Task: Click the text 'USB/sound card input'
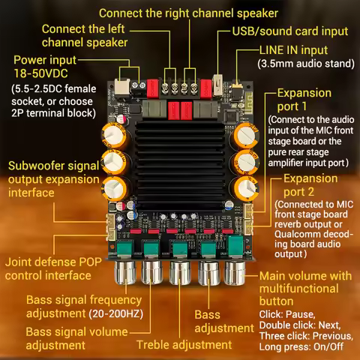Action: [x=288, y=31]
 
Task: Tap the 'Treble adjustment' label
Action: [x=184, y=344]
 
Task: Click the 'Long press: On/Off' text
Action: [x=301, y=349]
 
